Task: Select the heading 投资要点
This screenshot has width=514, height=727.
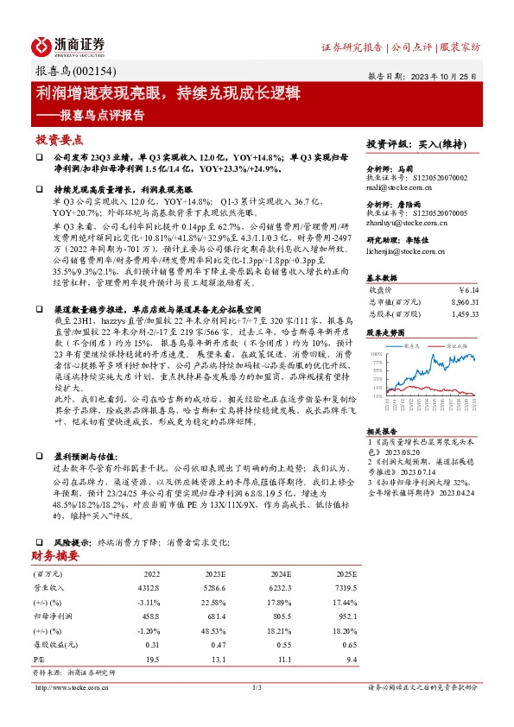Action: pos(60,138)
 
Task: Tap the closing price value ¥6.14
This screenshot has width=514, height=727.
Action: pos(466,289)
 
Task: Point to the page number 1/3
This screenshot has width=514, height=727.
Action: pos(257,687)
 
